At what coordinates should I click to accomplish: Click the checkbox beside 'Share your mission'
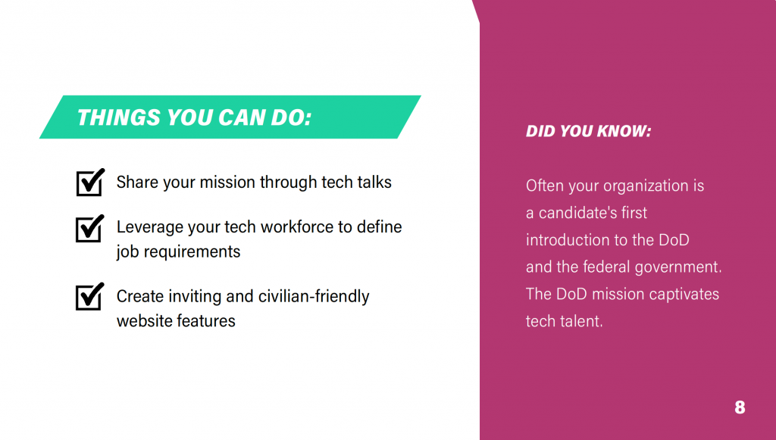coord(90,183)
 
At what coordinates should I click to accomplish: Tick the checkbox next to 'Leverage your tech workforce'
coord(90,229)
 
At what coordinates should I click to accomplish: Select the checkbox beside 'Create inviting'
coord(90,297)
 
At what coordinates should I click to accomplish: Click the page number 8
coord(740,407)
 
